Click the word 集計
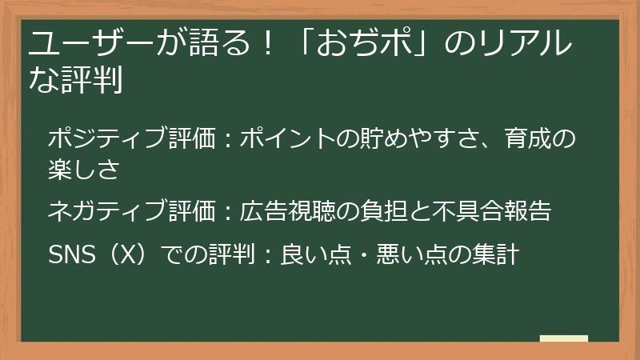[x=502, y=254]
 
